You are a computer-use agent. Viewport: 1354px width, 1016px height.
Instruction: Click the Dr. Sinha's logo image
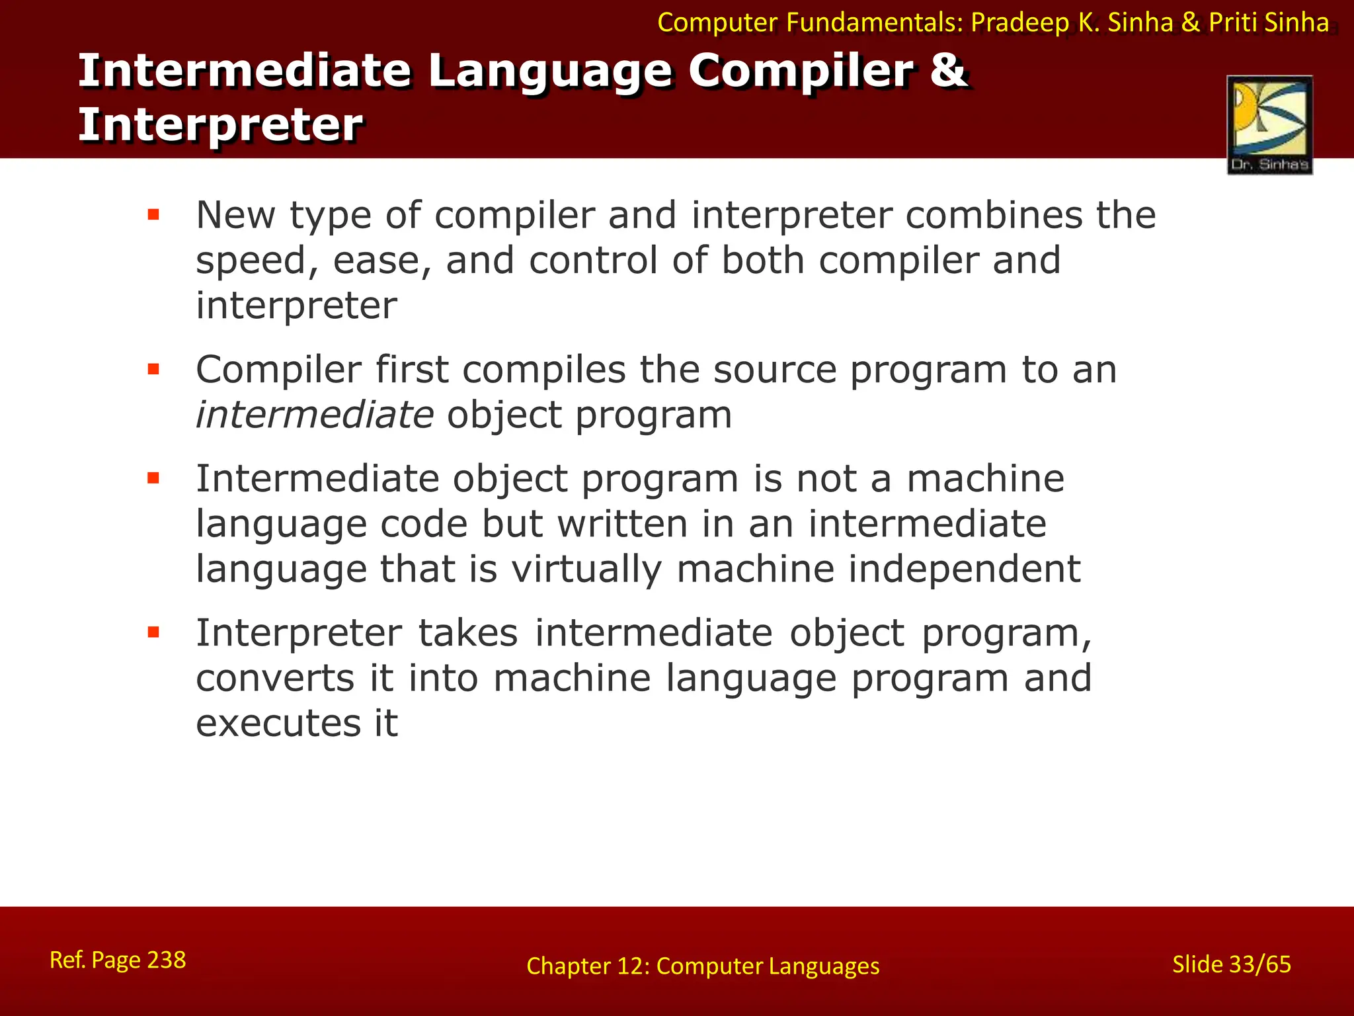pyautogui.click(x=1269, y=124)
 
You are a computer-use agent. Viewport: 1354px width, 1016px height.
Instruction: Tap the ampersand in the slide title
pyautogui.click(x=949, y=70)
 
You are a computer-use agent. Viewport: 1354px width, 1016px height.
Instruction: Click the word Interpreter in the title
pyautogui.click(x=220, y=124)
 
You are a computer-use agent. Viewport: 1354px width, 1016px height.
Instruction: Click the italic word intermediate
pyautogui.click(x=315, y=415)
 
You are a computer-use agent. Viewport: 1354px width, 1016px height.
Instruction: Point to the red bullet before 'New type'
pyautogui.click(x=154, y=214)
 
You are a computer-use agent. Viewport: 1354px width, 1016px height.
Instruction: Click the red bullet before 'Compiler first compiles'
pyautogui.click(x=154, y=369)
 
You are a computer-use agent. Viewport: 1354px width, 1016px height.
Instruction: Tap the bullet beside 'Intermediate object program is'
pyautogui.click(x=154, y=478)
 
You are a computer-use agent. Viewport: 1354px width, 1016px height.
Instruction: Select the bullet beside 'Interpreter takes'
pyautogui.click(x=154, y=632)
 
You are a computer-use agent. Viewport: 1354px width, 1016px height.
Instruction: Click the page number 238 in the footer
pyautogui.click(x=166, y=959)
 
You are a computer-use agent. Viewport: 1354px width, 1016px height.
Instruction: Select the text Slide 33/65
pyautogui.click(x=1231, y=964)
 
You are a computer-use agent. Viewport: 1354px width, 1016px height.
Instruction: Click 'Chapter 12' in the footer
pyautogui.click(x=585, y=966)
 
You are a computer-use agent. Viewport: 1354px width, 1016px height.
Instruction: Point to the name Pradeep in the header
pyautogui.click(x=1019, y=23)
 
